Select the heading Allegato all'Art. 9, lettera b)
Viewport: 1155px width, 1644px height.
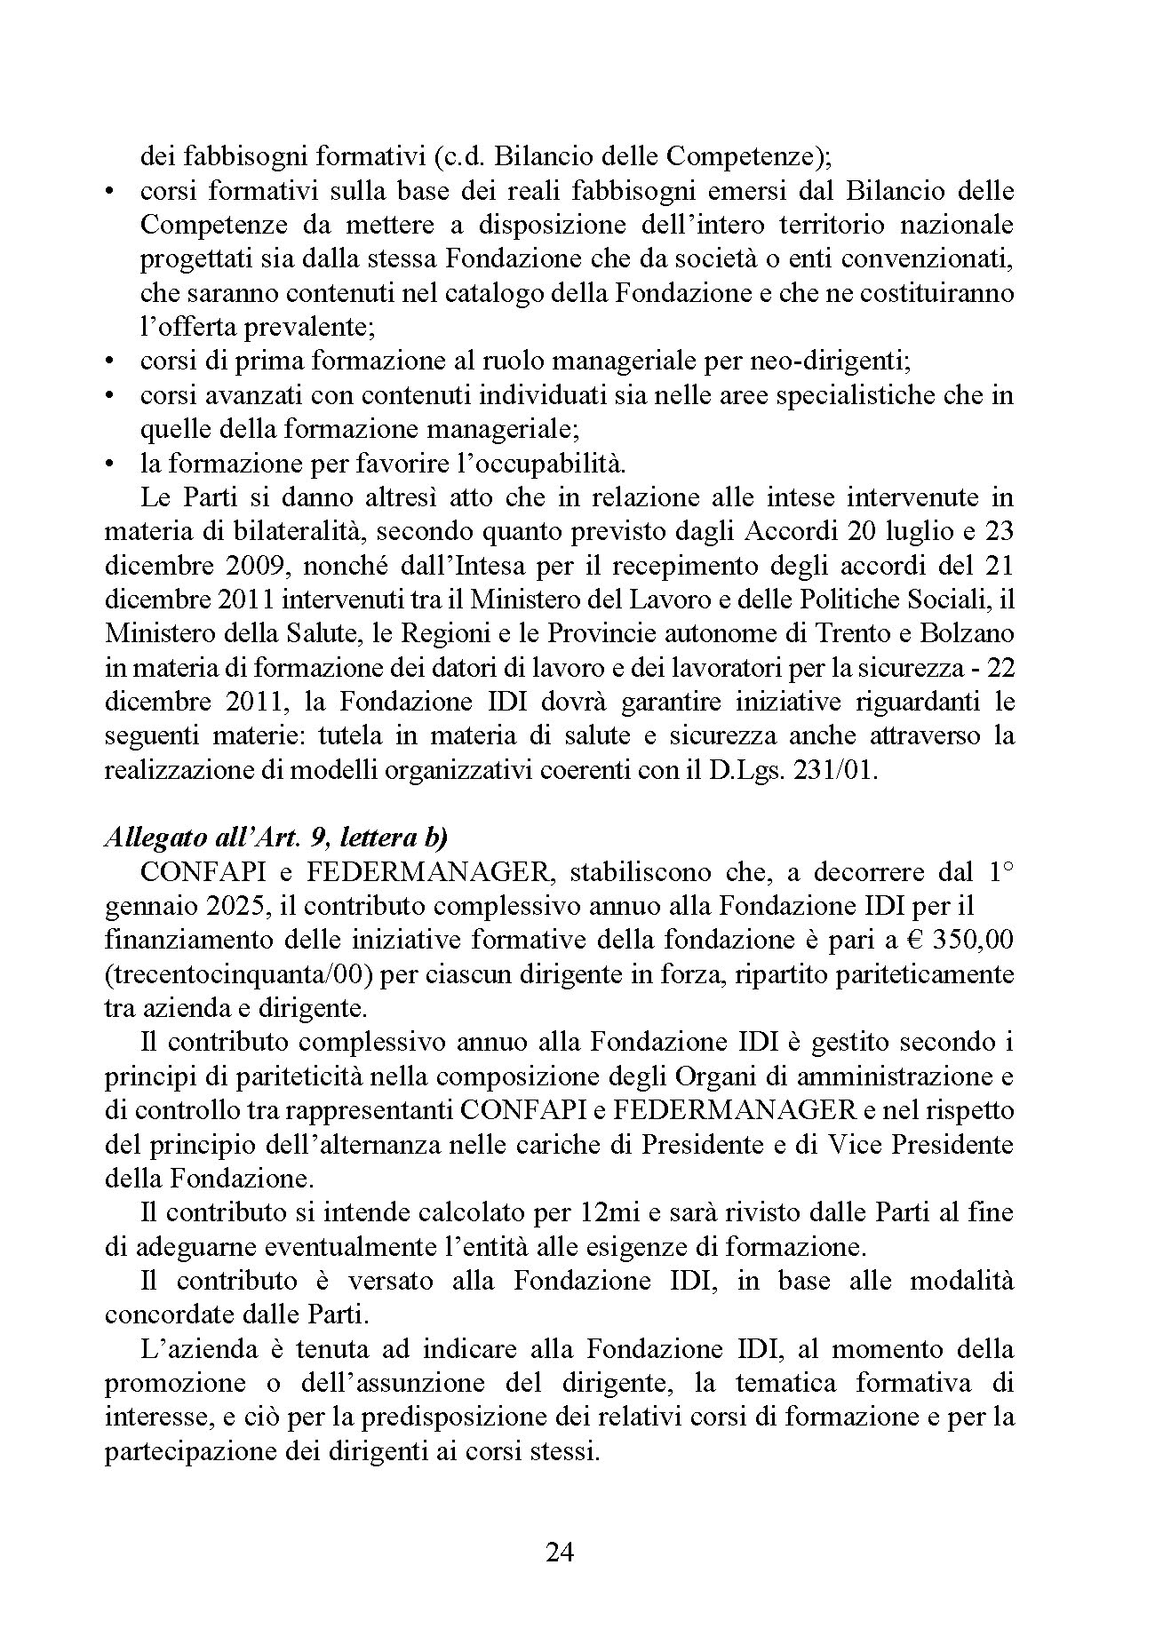click(275, 838)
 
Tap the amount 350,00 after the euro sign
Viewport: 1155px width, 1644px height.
click(977, 940)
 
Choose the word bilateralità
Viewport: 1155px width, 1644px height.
click(270, 532)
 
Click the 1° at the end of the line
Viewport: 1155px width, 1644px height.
click(1000, 871)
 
